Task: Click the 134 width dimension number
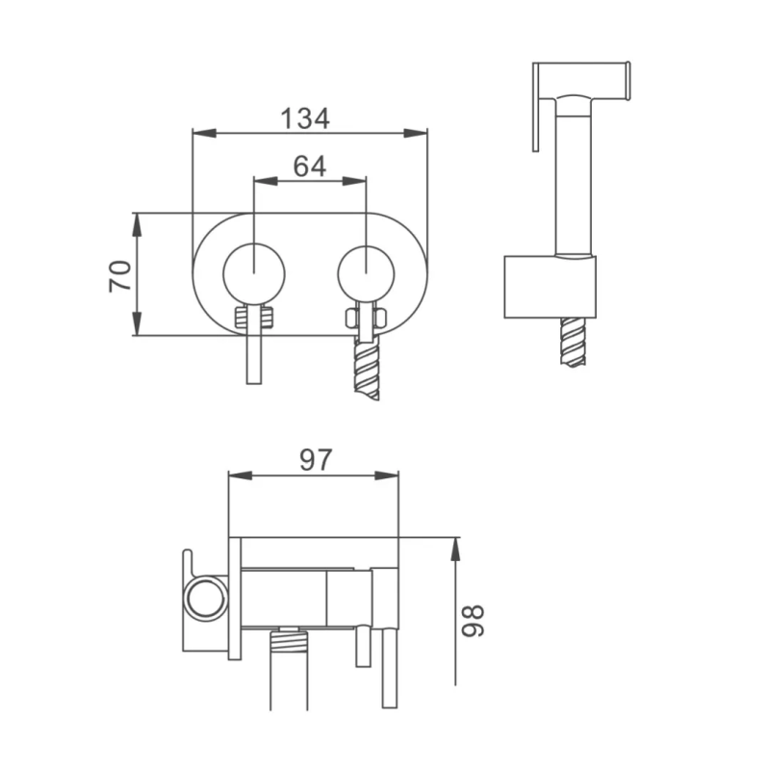[305, 118]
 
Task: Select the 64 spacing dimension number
[309, 167]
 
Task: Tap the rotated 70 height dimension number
[119, 276]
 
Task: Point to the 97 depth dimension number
[315, 460]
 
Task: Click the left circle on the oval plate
[254, 273]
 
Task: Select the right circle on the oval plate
[367, 273]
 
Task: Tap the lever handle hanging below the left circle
[254, 356]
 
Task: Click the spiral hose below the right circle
[367, 371]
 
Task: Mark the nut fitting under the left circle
[254, 317]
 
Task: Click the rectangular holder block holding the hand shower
[551, 287]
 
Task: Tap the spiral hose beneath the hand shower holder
[574, 342]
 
